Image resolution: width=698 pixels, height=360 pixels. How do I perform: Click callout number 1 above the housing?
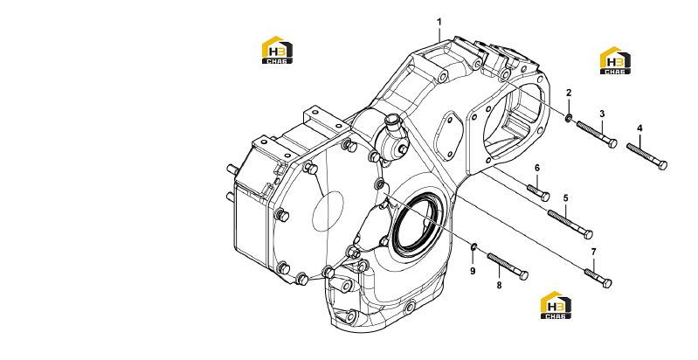[x=439, y=22]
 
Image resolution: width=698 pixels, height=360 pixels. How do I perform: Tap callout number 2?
[x=569, y=93]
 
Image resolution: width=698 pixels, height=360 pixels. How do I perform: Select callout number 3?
[x=602, y=114]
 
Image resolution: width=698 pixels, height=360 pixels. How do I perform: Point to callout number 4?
[x=639, y=128]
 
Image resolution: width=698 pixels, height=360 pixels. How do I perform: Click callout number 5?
[x=566, y=198]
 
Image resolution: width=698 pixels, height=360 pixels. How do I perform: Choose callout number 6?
[x=537, y=168]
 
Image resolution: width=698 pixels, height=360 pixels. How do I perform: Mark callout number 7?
[x=593, y=252]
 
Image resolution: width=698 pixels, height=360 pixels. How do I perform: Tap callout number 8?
[x=499, y=285]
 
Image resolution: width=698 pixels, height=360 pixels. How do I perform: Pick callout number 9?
[x=473, y=271]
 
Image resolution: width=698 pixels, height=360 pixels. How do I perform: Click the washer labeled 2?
[x=569, y=118]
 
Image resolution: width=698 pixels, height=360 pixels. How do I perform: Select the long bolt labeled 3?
[x=597, y=135]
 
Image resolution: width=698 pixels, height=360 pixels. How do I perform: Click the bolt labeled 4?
[x=646, y=156]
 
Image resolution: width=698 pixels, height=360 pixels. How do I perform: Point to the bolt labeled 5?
[x=570, y=225]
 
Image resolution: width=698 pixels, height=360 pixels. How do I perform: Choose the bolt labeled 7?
[x=598, y=278]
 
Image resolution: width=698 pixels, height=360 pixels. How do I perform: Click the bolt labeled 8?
[x=508, y=267]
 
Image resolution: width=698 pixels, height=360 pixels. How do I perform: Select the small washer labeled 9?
[x=474, y=246]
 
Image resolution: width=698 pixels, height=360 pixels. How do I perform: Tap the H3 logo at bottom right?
[x=556, y=305]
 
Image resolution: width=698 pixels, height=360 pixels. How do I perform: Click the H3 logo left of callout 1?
[x=277, y=50]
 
